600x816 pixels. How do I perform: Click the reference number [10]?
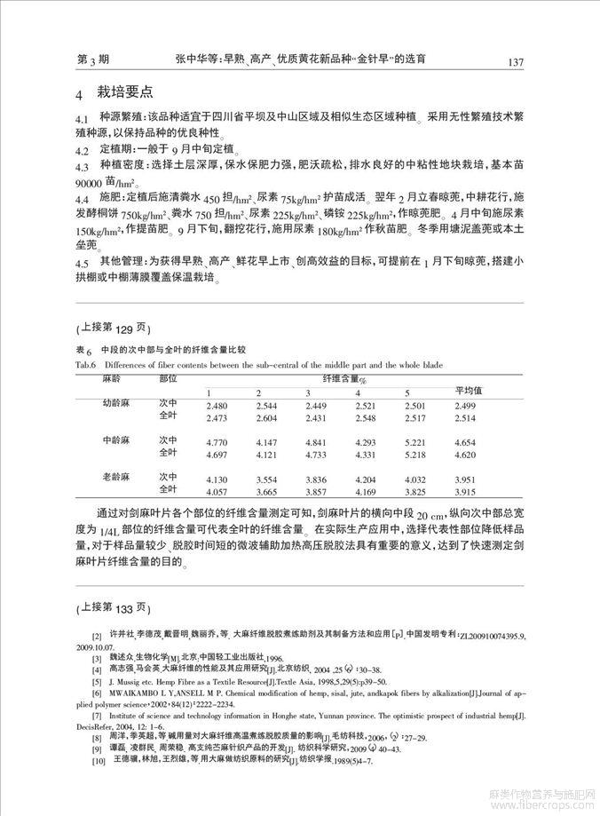pos(96,763)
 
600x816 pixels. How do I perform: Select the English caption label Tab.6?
pos(83,364)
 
